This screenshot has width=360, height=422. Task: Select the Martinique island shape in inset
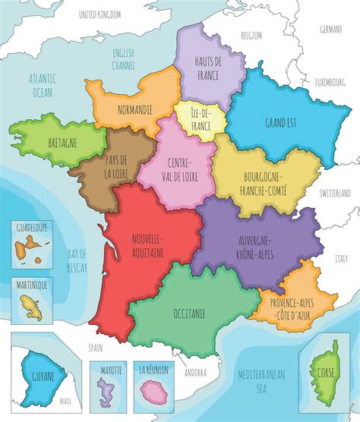click(31, 304)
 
